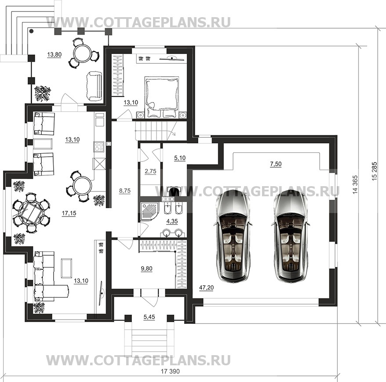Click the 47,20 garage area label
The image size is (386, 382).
point(206,287)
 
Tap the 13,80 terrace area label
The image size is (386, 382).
point(55,55)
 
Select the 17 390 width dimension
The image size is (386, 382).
point(170,371)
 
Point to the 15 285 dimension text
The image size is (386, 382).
point(374,171)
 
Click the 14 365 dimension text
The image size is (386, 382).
point(355,184)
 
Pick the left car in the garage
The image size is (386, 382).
point(233,236)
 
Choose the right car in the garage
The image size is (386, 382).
point(290,236)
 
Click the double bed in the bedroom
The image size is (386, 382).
point(162,97)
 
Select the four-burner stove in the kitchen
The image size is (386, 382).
point(99,147)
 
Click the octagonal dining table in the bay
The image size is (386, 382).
point(31,213)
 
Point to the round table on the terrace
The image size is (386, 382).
point(83,52)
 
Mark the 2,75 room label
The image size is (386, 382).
point(150,171)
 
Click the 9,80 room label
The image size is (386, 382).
point(146,268)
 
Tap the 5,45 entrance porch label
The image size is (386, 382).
point(149,317)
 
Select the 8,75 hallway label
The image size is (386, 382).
point(125,191)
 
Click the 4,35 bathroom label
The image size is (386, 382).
point(172,221)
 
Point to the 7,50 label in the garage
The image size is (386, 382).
point(276,164)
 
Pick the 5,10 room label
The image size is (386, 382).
point(180,158)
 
